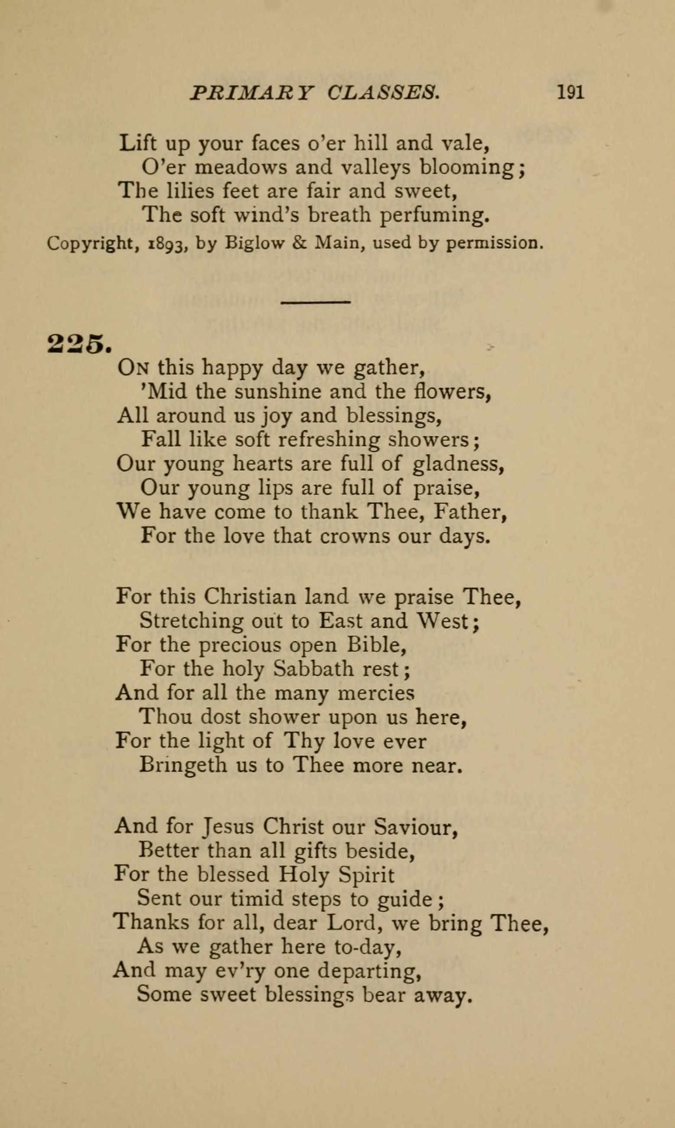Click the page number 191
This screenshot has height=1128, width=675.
point(571,92)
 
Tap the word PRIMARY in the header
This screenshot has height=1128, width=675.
point(252,92)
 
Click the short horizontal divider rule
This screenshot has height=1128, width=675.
point(315,302)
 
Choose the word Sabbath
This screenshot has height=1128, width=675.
point(314,668)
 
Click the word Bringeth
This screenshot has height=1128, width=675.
point(183,765)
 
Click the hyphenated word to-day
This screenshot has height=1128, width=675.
point(368,947)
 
